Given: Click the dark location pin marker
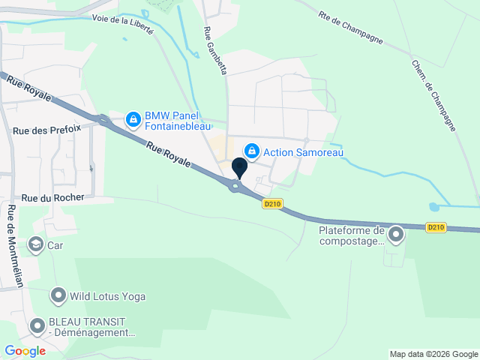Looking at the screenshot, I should click(x=240, y=167).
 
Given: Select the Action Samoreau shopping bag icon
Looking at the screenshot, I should click(x=253, y=151).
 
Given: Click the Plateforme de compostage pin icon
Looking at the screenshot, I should click(x=395, y=236).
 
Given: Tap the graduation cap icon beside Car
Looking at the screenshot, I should click(x=35, y=244).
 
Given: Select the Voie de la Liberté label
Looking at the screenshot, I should click(x=122, y=25).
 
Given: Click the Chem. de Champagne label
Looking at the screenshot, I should click(x=433, y=94).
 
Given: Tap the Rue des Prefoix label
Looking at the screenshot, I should click(x=46, y=130).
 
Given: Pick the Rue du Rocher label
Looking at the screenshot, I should click(x=52, y=198).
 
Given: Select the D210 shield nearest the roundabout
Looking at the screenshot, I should click(x=272, y=202).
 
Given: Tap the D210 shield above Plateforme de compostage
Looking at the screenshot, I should click(x=436, y=226).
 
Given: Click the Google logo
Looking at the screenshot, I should click(x=25, y=350).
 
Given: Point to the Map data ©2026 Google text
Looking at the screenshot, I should click(x=433, y=354).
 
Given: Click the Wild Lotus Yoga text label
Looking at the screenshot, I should click(x=108, y=296).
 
